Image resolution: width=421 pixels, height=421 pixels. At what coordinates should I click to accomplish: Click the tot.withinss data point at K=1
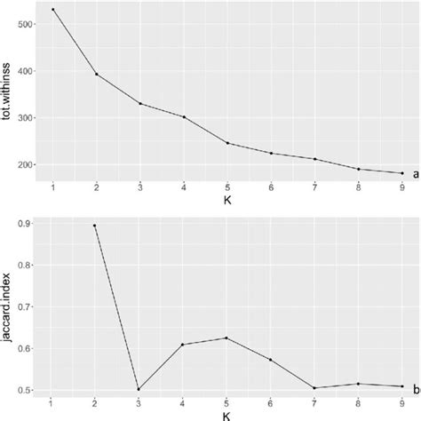coord(52,10)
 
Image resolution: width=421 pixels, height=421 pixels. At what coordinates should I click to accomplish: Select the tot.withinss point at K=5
coord(227,143)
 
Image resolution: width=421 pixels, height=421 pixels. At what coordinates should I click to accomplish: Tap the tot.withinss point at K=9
coord(401,173)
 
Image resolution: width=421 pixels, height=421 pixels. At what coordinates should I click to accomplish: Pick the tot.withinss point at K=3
coord(139,104)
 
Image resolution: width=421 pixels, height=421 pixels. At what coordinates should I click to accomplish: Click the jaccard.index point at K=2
coord(96,226)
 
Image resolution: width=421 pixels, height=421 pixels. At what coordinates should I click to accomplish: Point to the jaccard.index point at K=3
coord(139,389)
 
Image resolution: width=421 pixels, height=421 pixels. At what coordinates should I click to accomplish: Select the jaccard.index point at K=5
coord(227,338)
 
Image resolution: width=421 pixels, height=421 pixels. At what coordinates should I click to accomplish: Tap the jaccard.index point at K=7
coord(314,387)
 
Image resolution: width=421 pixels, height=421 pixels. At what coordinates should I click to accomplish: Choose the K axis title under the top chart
coord(227,200)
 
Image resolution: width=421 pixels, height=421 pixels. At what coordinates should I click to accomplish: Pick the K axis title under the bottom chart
coord(227,414)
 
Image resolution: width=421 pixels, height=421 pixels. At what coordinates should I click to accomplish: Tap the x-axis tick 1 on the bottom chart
coord(52,402)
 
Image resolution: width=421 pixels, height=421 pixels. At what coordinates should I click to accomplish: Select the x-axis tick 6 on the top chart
coord(271,187)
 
